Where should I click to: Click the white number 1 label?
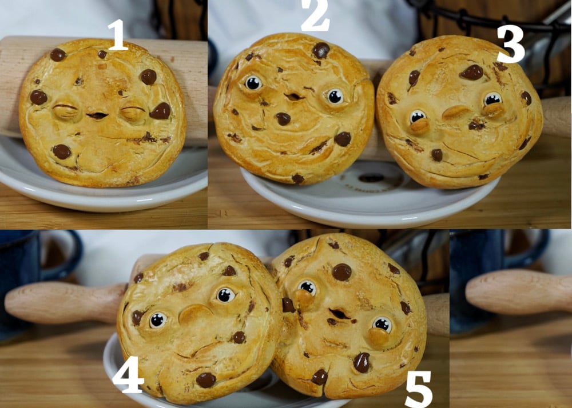117,35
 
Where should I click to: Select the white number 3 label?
511,45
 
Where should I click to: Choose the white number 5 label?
419,389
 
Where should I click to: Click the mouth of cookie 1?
97,115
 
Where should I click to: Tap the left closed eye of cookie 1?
66,110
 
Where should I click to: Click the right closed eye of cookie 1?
132,112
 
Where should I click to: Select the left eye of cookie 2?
253,83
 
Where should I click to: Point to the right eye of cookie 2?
335,97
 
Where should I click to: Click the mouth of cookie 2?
293,97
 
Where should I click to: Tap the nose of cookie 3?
456,112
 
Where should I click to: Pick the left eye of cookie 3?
418,117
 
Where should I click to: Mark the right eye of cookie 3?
492,98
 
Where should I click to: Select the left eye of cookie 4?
158,320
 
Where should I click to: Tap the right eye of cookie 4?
226,295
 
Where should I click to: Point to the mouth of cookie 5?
339,313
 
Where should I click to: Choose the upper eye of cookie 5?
307,287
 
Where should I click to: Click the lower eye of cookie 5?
382,324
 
